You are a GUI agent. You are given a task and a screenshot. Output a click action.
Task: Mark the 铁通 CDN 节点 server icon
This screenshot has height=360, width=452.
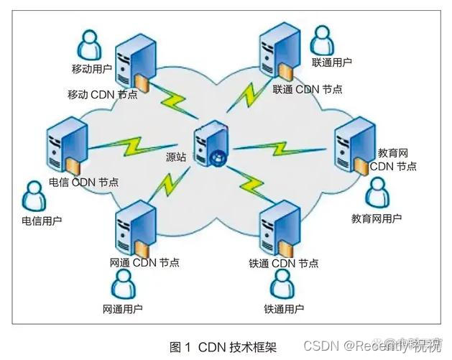[279, 228]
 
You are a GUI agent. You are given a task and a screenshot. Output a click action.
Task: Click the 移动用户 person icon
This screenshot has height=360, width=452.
[88, 45]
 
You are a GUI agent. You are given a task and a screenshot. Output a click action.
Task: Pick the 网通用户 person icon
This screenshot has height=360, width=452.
[123, 287]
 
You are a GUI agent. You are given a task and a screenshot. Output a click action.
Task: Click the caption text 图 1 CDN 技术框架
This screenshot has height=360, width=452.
[221, 346]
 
